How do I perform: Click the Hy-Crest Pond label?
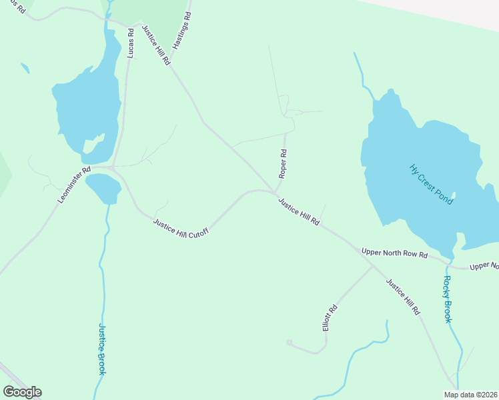[x=432, y=184]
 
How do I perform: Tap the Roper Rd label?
[x=284, y=163]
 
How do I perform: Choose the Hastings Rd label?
[x=182, y=29]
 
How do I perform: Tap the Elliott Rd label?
[x=330, y=317]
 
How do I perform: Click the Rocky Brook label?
[x=448, y=299]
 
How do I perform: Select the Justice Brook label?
[x=102, y=349]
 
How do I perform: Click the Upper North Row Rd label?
[x=394, y=253]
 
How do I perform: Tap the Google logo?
[x=22, y=391]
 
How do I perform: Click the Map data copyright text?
[x=470, y=395]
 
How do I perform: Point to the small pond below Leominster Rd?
[x=103, y=187]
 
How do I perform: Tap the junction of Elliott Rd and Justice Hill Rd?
[x=373, y=265]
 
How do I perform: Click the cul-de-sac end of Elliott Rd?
[x=289, y=343]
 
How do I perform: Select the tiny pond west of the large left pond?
[x=25, y=68]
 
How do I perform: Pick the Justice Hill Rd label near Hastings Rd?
[x=155, y=45]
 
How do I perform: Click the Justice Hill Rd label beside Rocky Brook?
[x=404, y=297]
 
